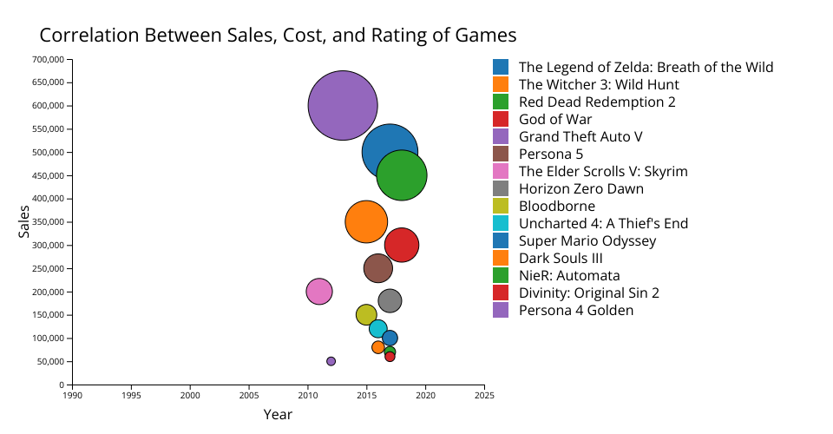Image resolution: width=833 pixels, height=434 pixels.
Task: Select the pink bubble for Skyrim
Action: point(319,292)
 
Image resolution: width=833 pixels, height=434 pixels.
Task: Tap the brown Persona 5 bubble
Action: point(378,268)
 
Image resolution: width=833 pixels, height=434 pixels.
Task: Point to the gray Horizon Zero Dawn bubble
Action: point(390,301)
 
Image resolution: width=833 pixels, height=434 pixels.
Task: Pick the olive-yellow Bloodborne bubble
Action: point(366,315)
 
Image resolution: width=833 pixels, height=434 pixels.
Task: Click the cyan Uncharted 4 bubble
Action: point(377,329)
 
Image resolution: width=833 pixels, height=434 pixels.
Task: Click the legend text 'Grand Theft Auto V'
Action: point(580,136)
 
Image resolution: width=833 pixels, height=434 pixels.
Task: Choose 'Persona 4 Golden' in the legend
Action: point(576,310)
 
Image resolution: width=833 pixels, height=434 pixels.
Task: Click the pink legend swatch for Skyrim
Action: point(501,171)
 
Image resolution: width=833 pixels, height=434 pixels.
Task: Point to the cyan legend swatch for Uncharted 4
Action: point(501,223)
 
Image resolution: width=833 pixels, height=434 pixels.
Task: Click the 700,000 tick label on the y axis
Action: point(48,60)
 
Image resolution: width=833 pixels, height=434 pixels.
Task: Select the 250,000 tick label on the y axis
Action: point(48,268)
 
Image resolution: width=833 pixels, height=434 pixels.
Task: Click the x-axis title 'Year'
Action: point(278,415)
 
